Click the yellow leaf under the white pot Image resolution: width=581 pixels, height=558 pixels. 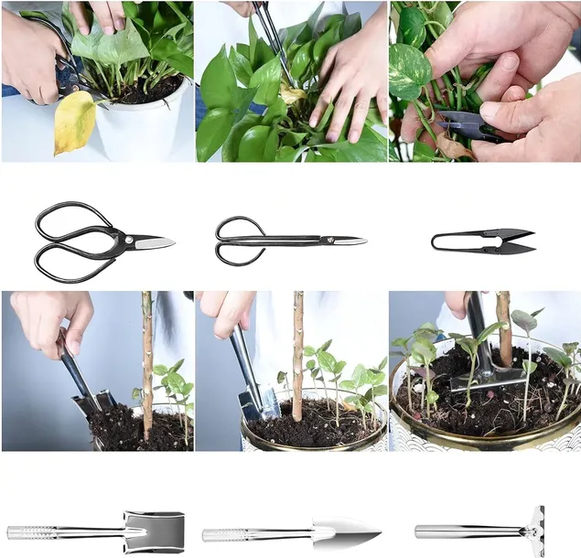tap(73, 122)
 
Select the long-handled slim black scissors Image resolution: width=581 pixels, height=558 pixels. tap(287, 241)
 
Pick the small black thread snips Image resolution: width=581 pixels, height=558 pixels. tap(482, 241)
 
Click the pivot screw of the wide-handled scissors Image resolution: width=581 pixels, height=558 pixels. tap(126, 241)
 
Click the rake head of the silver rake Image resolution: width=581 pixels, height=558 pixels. tap(534, 530)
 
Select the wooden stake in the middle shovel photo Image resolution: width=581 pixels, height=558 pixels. tap(297, 357)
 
